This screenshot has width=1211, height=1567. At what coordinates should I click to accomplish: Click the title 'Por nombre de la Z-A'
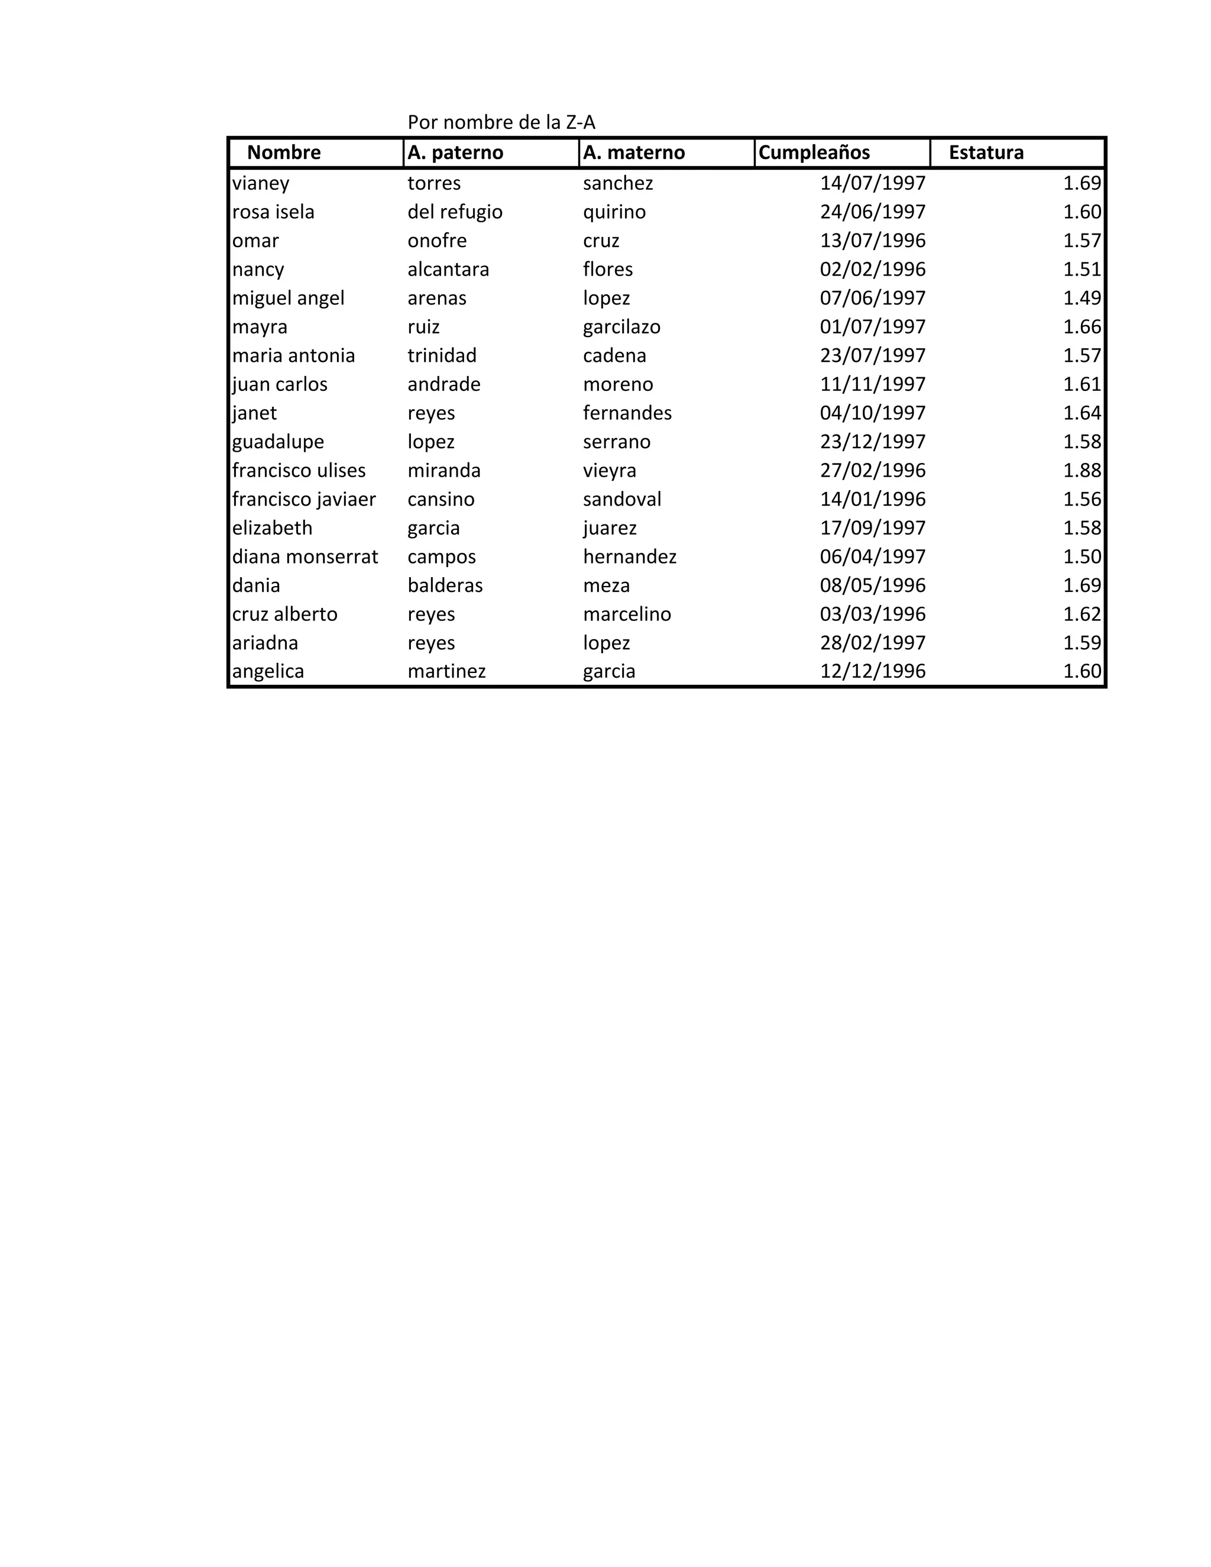tap(501, 122)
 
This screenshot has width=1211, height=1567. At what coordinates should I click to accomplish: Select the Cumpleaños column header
tap(814, 153)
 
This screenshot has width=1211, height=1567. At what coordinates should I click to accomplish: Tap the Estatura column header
tap(986, 153)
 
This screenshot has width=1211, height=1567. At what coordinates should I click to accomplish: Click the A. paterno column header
tap(455, 153)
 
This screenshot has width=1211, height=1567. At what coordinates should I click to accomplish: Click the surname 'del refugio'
tap(455, 212)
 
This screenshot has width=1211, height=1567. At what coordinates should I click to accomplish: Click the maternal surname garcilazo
tap(621, 327)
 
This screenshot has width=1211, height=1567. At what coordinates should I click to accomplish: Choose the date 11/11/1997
tap(872, 384)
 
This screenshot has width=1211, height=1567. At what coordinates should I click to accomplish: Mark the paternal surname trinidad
tap(442, 356)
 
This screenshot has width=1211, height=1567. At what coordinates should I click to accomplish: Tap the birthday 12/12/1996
tap(872, 672)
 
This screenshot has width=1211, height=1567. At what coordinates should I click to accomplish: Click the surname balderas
tap(445, 585)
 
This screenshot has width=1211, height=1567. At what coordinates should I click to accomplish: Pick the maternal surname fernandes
tap(627, 413)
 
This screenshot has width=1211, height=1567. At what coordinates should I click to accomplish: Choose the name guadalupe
tap(278, 442)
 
